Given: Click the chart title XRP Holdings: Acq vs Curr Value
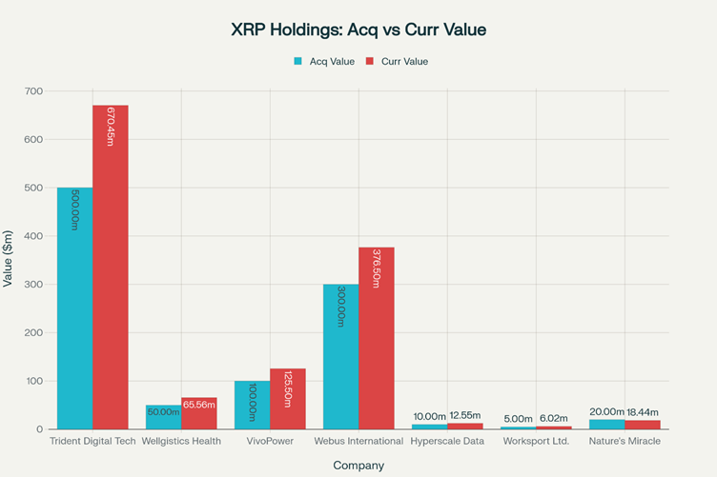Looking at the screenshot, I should click(358, 30).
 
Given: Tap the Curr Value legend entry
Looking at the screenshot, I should click(399, 62).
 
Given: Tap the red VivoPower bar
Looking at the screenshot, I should click(288, 400).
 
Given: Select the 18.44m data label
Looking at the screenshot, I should click(643, 412).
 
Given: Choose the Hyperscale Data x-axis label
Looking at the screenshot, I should click(447, 442).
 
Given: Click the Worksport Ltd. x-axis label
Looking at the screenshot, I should click(536, 442).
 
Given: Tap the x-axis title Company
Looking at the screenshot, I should click(358, 466).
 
